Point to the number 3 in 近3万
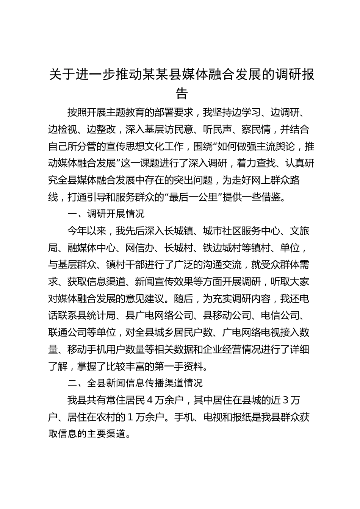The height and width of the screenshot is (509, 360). (285, 400)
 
